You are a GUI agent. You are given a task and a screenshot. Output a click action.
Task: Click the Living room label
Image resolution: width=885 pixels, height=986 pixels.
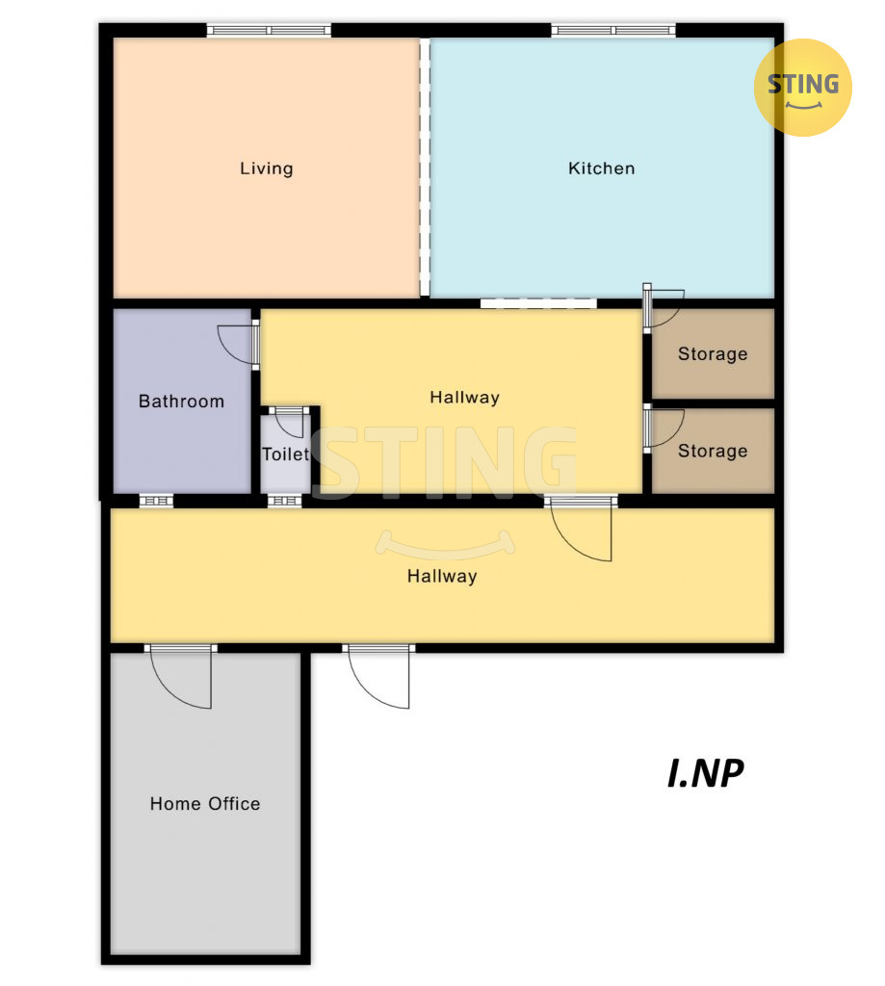(266, 169)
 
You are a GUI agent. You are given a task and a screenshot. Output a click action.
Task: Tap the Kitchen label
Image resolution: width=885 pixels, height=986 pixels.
(601, 169)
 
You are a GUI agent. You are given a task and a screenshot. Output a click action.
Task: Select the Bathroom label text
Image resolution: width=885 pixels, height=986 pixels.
(181, 402)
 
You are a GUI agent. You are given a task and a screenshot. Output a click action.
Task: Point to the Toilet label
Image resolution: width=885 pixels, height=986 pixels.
(286, 454)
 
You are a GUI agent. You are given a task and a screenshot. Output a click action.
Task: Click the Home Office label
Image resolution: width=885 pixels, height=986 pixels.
(205, 804)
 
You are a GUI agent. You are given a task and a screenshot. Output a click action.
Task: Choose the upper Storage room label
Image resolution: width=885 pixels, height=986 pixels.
(713, 354)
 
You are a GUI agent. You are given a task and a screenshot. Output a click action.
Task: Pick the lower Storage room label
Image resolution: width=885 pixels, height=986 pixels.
(713, 451)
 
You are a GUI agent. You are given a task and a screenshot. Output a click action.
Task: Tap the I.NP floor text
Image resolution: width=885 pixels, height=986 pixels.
(705, 773)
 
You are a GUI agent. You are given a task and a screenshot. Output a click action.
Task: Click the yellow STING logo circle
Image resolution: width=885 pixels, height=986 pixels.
(802, 88)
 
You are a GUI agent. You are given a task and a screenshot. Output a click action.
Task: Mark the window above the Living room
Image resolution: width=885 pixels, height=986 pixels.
(270, 30)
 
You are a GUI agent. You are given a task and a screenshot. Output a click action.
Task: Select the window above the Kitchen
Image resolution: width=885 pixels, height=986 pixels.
(613, 30)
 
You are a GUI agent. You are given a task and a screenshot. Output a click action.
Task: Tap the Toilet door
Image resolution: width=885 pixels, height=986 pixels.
(290, 422)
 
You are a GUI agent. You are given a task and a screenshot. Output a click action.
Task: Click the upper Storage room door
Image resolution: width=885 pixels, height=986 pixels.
(663, 307)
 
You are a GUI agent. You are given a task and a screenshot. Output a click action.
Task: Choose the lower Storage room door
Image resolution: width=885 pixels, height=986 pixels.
(663, 428)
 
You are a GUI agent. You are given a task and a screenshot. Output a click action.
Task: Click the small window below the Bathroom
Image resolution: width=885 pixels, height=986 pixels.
(156, 501)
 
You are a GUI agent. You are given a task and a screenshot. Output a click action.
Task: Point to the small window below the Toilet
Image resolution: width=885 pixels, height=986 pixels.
(285, 501)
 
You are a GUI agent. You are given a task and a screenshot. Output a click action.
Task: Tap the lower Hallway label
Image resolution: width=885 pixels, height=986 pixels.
(442, 577)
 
